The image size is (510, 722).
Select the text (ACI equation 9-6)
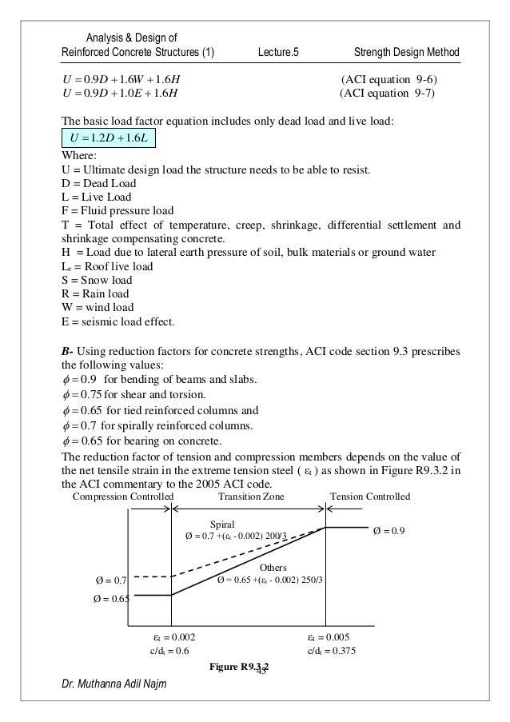point(388,80)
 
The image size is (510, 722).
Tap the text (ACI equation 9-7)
point(388,94)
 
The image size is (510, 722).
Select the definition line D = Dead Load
point(95,185)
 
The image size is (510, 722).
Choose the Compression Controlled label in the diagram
point(123,497)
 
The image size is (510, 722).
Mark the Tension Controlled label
point(370,497)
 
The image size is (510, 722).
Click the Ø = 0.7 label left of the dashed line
point(110,579)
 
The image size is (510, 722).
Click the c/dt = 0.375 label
point(332,650)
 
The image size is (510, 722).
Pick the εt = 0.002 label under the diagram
point(174,636)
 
